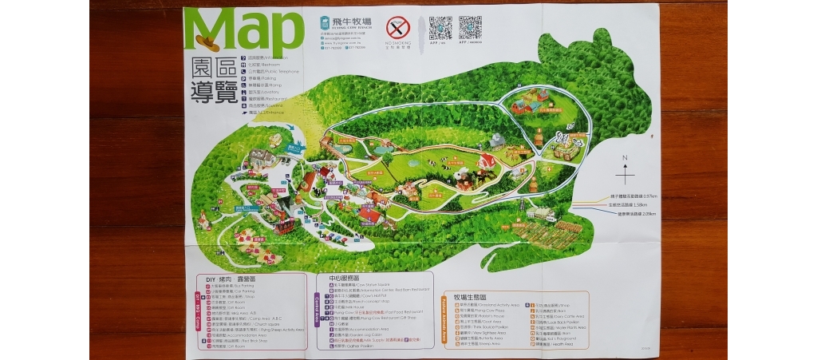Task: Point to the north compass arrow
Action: coord(626,170)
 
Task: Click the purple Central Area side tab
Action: coord(318,315)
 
